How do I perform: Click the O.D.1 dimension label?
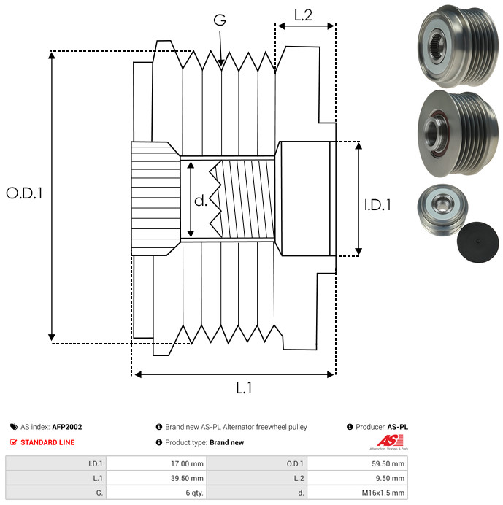24,194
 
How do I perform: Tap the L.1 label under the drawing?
244,389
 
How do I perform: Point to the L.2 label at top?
304,15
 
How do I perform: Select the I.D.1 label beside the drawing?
377,207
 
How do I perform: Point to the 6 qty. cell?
193,493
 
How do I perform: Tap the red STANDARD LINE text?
47,442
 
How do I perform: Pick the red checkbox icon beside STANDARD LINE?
13,442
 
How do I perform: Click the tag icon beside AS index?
13,427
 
